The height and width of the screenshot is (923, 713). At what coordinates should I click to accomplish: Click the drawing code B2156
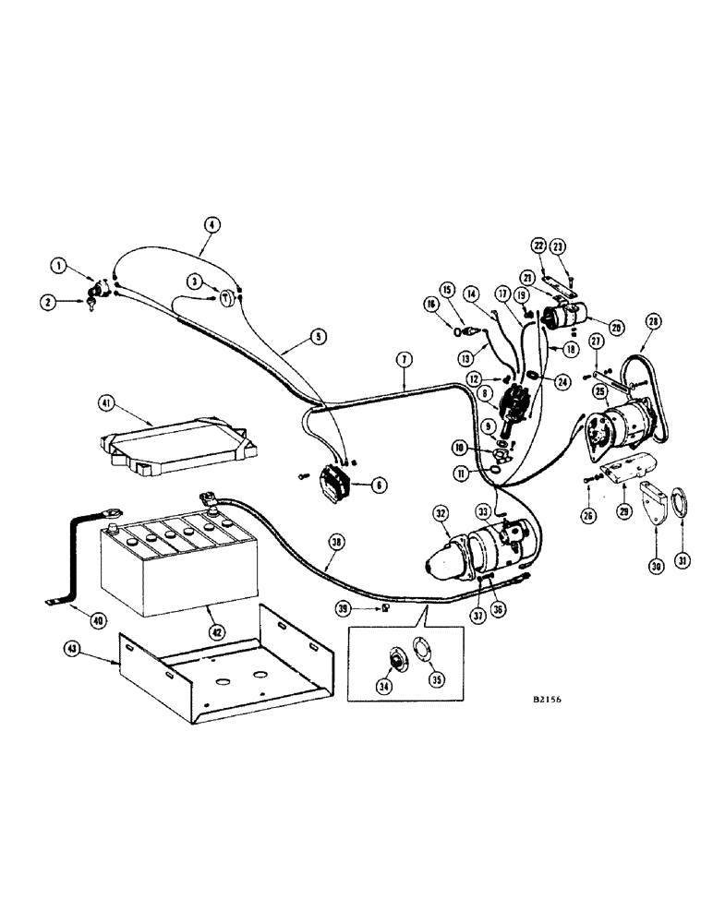(x=546, y=699)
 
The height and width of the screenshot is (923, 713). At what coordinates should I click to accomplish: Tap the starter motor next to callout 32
(x=480, y=547)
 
